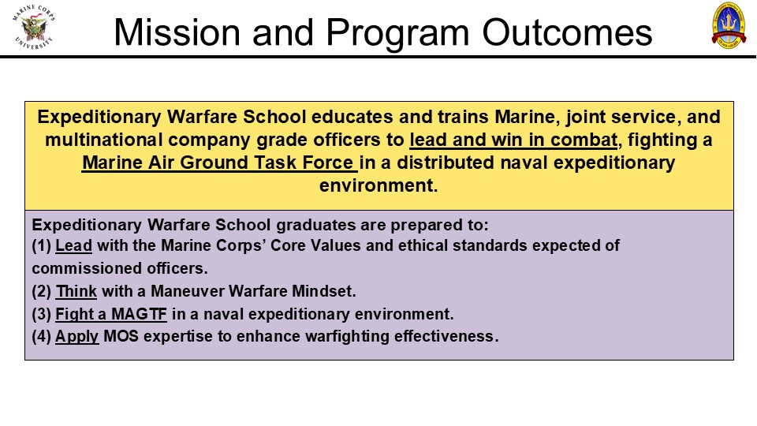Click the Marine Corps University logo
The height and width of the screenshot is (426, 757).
point(34,26)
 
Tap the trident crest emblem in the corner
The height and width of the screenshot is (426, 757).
point(729,25)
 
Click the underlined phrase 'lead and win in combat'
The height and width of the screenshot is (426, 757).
point(513,140)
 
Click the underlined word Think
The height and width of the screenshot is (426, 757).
point(76,291)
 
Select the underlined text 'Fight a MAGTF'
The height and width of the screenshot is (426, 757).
point(111,314)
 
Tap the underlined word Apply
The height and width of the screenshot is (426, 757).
point(76,337)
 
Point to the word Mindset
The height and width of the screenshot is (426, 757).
point(324,291)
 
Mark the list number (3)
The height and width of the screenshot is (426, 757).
point(42,314)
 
